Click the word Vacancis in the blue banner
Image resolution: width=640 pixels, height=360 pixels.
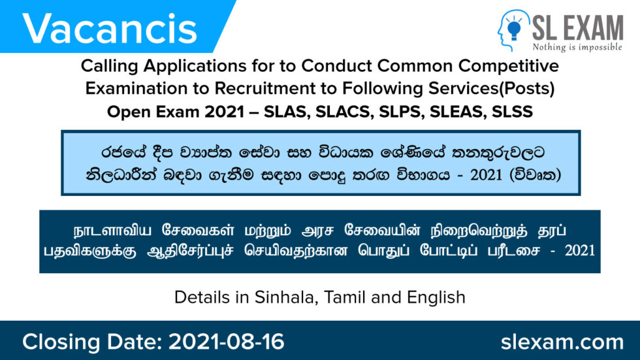110,27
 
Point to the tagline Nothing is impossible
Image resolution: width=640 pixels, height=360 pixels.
577,48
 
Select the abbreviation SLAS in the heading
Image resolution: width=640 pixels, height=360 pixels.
288,112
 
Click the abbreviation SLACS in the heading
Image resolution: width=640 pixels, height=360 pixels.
343,112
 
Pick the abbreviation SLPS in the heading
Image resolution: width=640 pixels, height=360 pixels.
399,112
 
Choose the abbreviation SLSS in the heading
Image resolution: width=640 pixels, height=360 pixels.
511,112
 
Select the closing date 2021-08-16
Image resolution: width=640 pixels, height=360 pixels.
227,342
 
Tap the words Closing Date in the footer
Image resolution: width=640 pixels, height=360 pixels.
91,342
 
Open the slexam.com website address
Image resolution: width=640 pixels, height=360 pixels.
562,342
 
